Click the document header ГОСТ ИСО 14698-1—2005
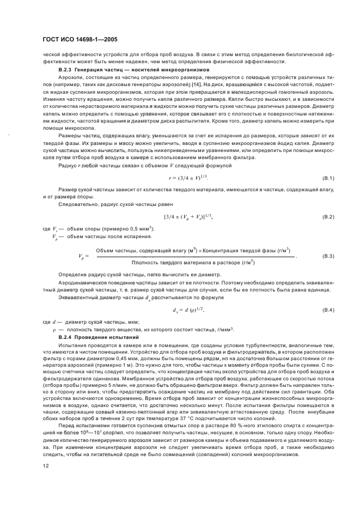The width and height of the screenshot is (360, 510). coord(81,40)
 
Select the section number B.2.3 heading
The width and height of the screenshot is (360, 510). coord(66,71)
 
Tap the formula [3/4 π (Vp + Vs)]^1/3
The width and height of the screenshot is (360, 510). coord(188,217)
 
